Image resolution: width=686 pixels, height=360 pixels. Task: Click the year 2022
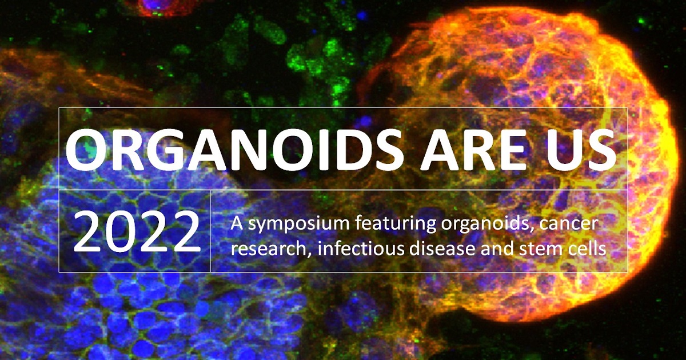pos(137,232)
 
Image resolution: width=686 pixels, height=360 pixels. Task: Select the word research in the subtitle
pos(270,249)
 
